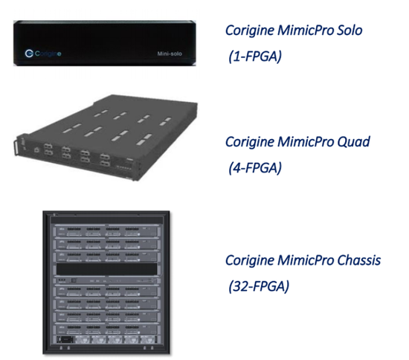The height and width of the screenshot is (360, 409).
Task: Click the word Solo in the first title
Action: pos(350,30)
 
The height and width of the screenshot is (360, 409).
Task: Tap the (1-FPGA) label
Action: pos(255,56)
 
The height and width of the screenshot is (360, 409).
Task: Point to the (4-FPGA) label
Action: pos(255,168)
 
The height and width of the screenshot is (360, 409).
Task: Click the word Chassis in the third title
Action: pos(359,260)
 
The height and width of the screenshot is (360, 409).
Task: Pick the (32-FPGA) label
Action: pos(259,286)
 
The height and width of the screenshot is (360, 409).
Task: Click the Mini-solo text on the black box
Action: pos(170,54)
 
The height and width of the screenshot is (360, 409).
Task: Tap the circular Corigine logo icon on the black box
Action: pos(29,54)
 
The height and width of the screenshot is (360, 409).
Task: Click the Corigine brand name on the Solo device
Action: pos(48,54)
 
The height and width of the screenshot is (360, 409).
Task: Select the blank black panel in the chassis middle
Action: pos(107,269)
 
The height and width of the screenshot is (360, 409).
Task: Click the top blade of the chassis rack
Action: pos(106,231)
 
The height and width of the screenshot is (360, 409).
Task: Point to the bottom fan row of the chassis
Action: pos(107,340)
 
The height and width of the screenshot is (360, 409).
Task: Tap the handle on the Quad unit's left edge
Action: pos(16,148)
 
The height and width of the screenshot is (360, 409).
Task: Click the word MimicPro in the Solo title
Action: pos(306,30)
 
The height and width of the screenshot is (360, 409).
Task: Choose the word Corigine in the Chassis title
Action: pos(250,261)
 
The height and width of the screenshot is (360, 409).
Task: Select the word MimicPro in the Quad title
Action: pos(306,142)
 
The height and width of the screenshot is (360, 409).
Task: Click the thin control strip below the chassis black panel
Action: pos(107,280)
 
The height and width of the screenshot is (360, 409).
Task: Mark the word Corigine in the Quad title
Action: pos(250,142)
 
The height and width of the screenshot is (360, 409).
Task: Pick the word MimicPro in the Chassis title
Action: pos(306,260)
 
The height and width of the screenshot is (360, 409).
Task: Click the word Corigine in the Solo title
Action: pos(250,30)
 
